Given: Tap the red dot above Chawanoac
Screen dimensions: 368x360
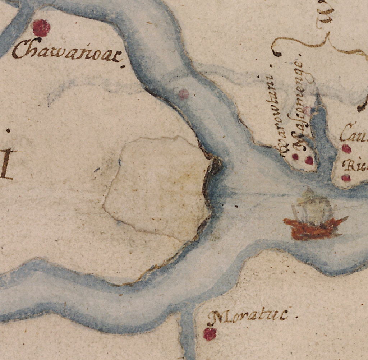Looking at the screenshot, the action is (41, 28).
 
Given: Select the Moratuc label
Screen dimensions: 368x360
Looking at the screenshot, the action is (248, 316).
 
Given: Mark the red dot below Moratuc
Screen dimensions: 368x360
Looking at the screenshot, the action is (210, 334).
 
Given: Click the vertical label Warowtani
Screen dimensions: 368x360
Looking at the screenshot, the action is (279, 115).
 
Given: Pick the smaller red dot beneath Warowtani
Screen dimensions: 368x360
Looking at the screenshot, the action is (295, 156).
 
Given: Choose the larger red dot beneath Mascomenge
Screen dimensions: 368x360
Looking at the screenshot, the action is (309, 160).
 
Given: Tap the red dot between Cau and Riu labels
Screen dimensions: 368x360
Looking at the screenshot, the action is (346, 148).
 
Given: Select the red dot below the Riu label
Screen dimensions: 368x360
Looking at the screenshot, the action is (346, 177).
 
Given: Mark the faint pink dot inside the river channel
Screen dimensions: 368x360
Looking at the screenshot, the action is (184, 94).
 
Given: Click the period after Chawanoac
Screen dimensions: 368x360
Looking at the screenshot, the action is (124, 66).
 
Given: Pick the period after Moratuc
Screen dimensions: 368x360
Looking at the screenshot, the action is (297, 317).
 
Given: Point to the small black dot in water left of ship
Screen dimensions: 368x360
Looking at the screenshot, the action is (236, 207).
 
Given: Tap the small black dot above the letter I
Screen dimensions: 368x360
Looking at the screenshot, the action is (8, 130).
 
